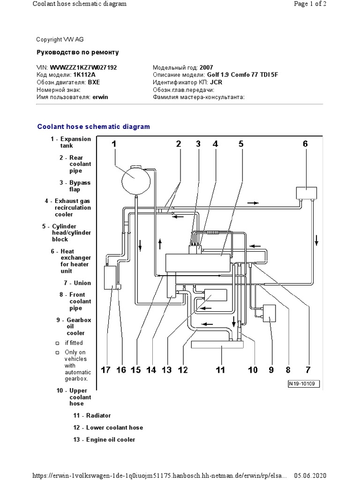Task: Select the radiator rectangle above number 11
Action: pos(217,345)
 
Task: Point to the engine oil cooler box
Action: pos(215,295)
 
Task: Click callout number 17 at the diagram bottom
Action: pos(105,370)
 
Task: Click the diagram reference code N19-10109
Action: pos(303,383)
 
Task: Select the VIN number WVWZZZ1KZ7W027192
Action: pos(83,67)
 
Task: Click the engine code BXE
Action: pos(94,82)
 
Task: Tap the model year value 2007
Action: pos(206,67)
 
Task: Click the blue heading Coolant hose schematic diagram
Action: pos(94,127)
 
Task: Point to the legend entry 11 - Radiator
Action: pos(92,415)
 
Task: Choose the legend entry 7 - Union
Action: pos(77,283)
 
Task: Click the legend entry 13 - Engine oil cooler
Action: pos(104,440)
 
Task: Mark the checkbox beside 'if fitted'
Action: pos(57,343)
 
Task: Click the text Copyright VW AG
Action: pos(60,39)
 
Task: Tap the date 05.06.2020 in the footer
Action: pos(310,475)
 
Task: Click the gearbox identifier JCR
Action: pos(216,82)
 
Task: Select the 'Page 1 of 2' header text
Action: pos(310,4)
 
